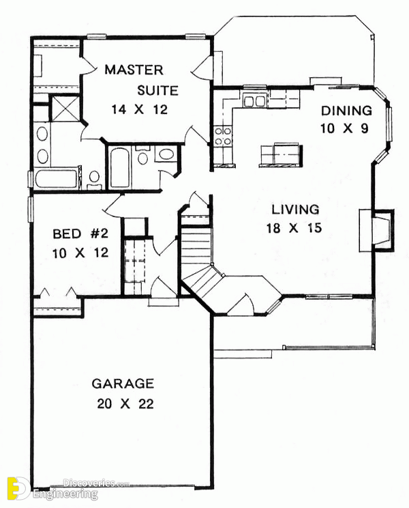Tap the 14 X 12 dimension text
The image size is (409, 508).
pyautogui.click(x=139, y=110)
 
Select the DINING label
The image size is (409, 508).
pyautogui.click(x=346, y=111)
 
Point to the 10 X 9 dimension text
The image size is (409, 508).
pyautogui.click(x=344, y=128)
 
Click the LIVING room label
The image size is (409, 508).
pyautogui.click(x=295, y=210)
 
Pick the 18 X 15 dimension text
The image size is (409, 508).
pyautogui.click(x=294, y=228)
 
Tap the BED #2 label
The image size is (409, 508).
pyautogui.click(x=80, y=234)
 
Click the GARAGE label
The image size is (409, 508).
pyautogui.click(x=123, y=384)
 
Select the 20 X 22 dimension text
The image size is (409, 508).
pyautogui.click(x=125, y=404)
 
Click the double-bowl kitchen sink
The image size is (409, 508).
pyautogui.click(x=254, y=101)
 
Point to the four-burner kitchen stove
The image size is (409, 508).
pyautogui.click(x=224, y=136)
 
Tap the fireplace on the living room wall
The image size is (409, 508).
pyautogui.click(x=377, y=230)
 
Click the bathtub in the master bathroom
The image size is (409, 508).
pyautogui.click(x=57, y=179)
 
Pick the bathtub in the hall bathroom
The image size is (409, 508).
pyautogui.click(x=119, y=167)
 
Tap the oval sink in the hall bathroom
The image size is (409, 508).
pyautogui.click(x=166, y=154)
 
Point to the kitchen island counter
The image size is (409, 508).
pyautogui.click(x=281, y=155)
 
